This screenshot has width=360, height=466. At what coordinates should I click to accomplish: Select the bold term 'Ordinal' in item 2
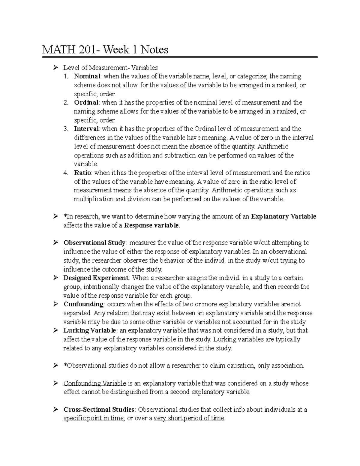click(86, 103)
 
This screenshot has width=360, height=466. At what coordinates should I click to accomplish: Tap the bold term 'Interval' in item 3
click(86, 129)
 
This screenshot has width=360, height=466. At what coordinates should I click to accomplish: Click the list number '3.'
click(66, 129)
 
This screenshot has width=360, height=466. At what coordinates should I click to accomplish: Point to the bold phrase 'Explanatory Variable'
click(283, 217)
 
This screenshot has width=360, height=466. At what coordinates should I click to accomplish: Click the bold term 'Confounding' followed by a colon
click(83, 304)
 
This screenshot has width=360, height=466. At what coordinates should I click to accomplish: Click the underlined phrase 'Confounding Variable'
click(94, 383)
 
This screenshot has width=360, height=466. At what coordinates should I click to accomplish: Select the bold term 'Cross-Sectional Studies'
click(99, 410)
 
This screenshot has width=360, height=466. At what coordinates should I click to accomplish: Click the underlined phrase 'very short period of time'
click(189, 419)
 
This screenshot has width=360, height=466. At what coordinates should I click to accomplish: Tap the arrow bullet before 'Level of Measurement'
click(55, 68)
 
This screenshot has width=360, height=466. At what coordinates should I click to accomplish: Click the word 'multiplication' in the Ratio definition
click(94, 199)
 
